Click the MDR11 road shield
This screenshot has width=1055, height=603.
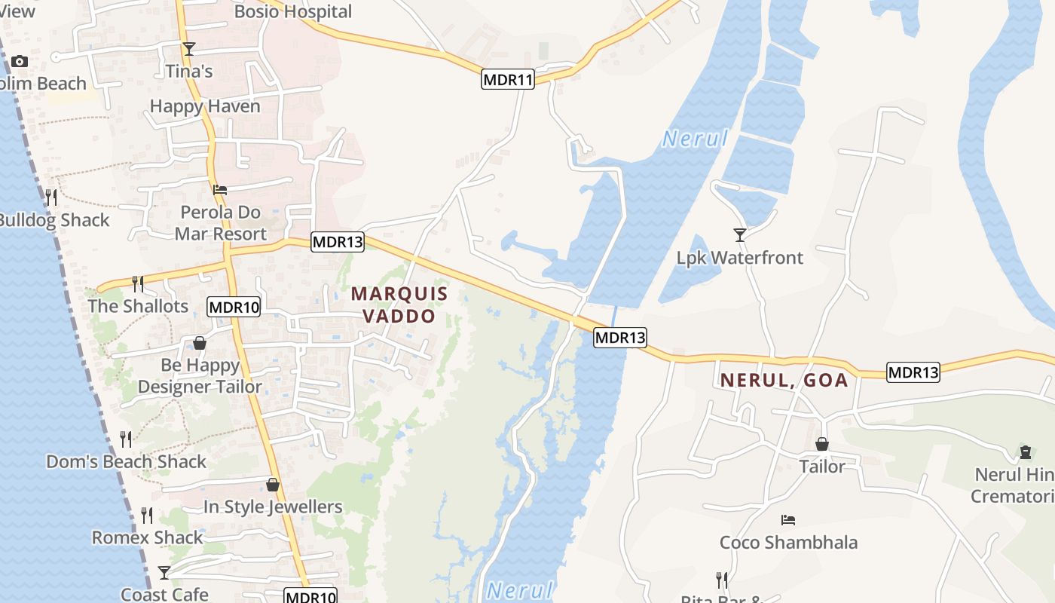click(x=507, y=79)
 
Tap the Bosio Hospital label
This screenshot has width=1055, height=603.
click(x=292, y=11)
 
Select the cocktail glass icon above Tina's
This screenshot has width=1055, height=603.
click(x=188, y=49)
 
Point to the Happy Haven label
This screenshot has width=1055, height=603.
click(x=205, y=106)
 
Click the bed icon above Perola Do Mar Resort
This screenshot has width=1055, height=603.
click(x=220, y=189)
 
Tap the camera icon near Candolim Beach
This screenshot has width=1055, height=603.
click(x=20, y=61)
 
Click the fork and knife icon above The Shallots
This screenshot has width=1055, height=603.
click(x=138, y=283)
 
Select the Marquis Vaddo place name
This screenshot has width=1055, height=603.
click(x=399, y=305)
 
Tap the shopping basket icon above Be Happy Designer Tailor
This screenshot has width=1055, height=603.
click(x=200, y=344)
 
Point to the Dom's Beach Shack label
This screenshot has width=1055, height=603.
click(x=126, y=461)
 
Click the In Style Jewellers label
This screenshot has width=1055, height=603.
click(x=273, y=507)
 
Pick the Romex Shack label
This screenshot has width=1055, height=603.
click(x=147, y=537)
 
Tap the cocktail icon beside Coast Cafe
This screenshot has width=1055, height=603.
click(x=164, y=572)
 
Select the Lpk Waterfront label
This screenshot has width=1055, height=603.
click(x=739, y=258)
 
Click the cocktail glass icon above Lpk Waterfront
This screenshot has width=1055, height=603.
click(x=740, y=235)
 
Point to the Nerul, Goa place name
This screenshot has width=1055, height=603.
click(x=784, y=380)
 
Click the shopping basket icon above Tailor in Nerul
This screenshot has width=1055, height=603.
click(x=822, y=445)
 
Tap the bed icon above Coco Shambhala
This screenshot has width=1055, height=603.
click(x=788, y=520)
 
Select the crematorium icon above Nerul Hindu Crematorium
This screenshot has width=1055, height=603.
click(x=1025, y=452)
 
